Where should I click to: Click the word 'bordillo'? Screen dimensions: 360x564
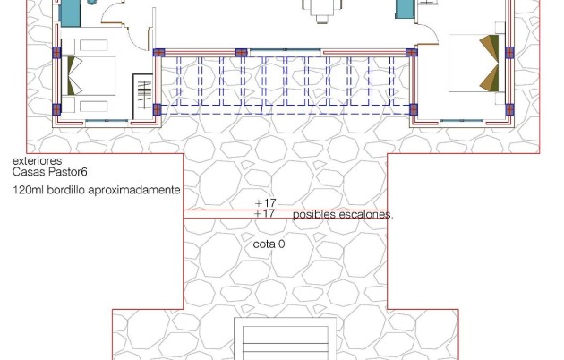click(x=70, y=191)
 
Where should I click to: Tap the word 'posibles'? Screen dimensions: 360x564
click(x=313, y=216)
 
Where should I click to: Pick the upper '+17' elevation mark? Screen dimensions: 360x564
click(x=265, y=204)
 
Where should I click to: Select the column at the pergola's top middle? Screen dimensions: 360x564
click(x=241, y=52)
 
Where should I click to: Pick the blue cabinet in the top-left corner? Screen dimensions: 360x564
click(x=69, y=12)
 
